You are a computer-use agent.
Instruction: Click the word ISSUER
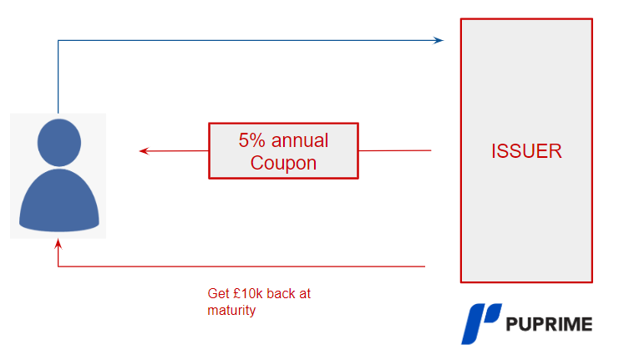pyautogui.click(x=526, y=151)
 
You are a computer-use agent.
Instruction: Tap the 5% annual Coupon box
pyautogui.click(x=283, y=151)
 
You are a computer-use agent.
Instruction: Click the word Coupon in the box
pyautogui.click(x=283, y=163)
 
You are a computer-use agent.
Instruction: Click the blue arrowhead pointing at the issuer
pyautogui.click(x=439, y=40)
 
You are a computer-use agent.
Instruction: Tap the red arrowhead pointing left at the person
pyautogui.click(x=144, y=151)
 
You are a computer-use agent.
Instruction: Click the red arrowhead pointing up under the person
pyautogui.click(x=58, y=244)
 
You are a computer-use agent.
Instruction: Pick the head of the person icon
pyautogui.click(x=58, y=143)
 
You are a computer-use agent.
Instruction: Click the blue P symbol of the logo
pyautogui.click(x=480, y=324)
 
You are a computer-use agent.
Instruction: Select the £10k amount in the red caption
pyautogui.click(x=246, y=294)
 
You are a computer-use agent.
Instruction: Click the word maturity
pyautogui.click(x=231, y=311)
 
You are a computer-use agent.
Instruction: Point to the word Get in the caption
pyautogui.click(x=217, y=294)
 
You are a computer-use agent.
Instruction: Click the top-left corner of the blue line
pyautogui.click(x=58, y=40)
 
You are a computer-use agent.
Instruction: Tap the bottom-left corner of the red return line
pyautogui.click(x=58, y=266)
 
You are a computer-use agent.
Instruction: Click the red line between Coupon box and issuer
pyautogui.click(x=394, y=151)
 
